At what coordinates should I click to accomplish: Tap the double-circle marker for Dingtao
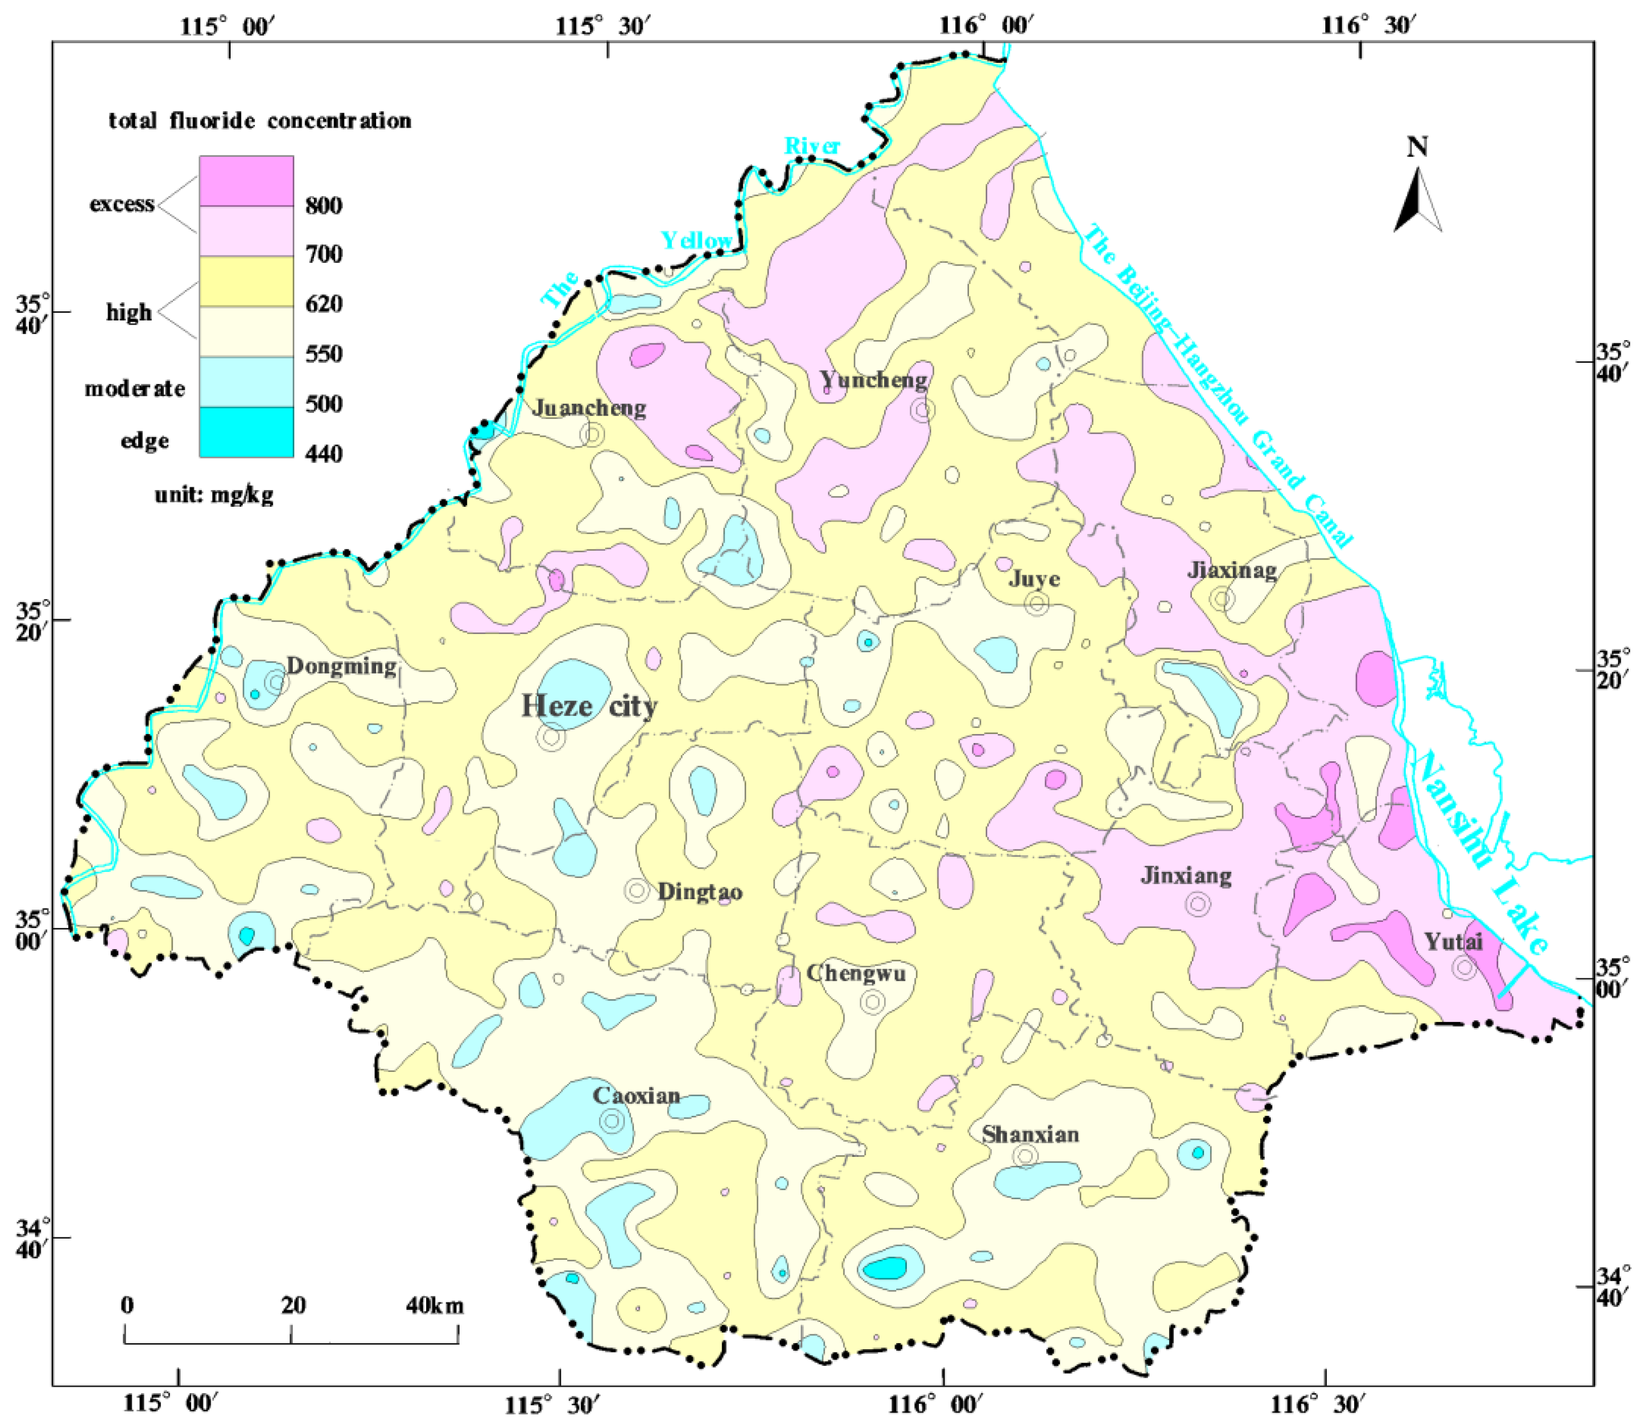click(x=637, y=890)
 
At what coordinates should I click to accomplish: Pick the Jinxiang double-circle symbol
click(x=1197, y=904)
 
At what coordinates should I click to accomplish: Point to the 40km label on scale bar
click(x=434, y=1306)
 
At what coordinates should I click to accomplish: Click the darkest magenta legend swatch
click(x=246, y=181)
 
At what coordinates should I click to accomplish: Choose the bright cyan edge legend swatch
click(x=246, y=432)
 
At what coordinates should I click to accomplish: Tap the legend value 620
click(x=324, y=304)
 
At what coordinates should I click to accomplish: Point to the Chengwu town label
click(x=856, y=973)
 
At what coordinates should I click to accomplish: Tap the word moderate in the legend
click(x=134, y=388)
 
